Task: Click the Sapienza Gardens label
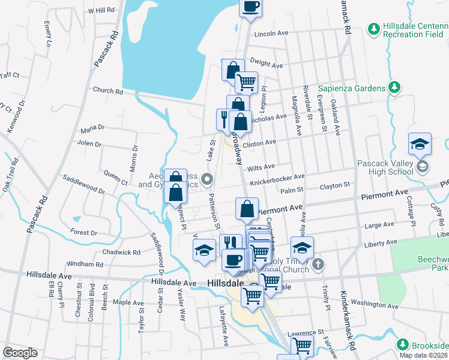351,88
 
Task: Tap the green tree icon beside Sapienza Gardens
394,88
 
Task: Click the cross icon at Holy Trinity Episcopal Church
318,263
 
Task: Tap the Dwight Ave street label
266,64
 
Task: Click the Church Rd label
107,91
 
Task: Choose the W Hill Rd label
100,11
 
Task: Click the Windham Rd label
85,264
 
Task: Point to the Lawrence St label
305,331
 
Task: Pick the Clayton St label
334,186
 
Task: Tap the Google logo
20,353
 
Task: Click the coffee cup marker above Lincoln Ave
250,7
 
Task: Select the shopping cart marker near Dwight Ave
246,82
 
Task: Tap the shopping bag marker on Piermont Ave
247,209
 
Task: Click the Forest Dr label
83,232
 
